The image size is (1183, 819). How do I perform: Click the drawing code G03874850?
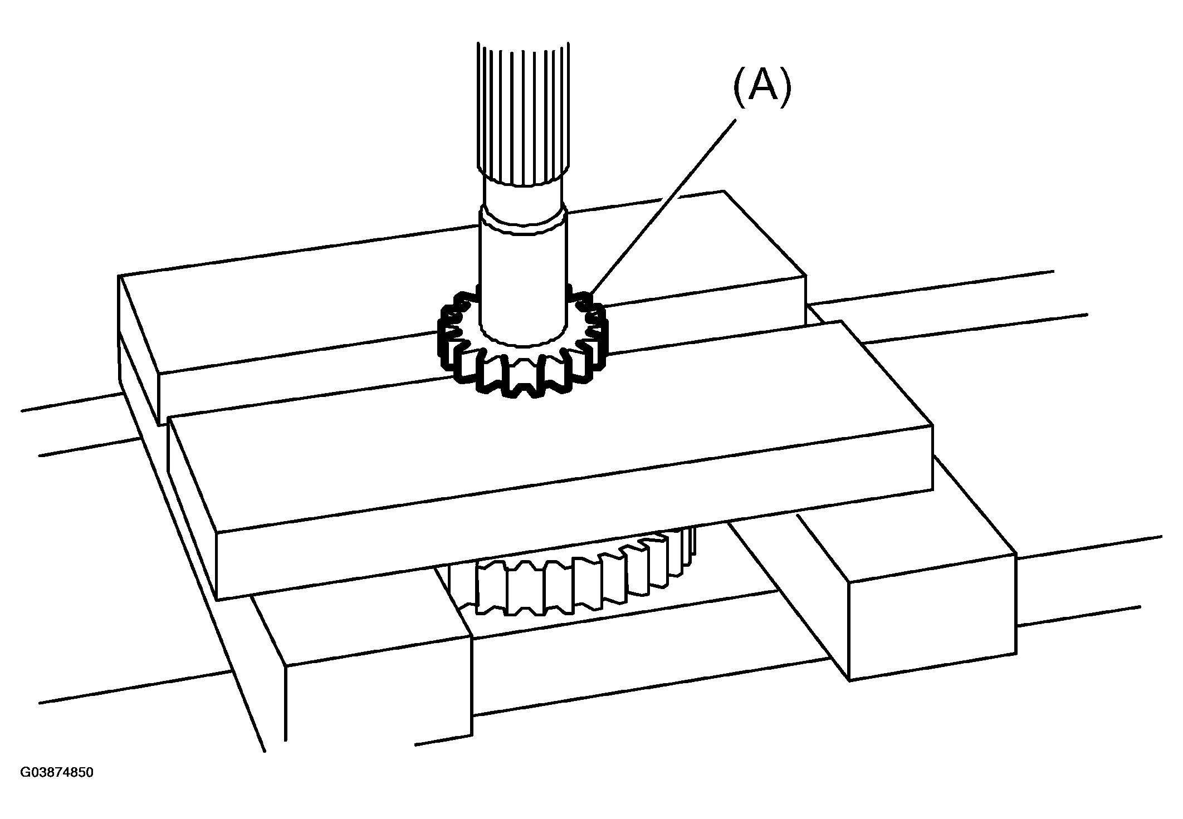[57, 773]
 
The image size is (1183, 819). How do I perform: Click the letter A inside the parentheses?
[762, 87]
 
